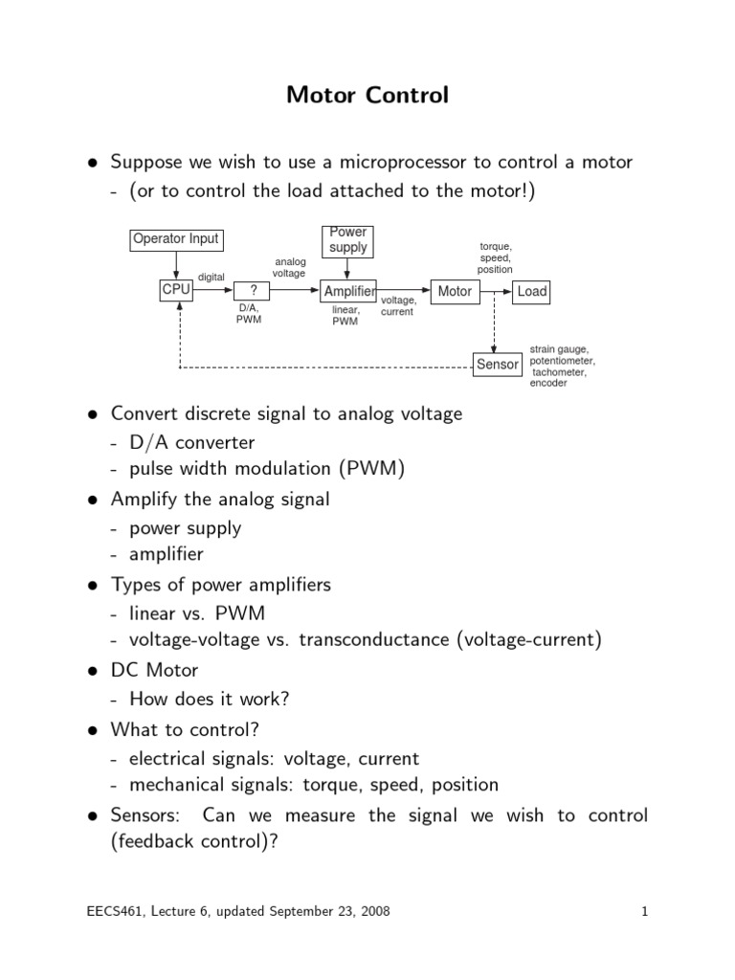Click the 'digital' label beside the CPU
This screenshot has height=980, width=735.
pos(212,277)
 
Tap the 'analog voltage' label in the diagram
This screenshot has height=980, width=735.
pos(289,268)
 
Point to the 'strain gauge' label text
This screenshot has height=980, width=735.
pos(559,349)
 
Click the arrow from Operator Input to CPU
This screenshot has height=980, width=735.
pos(176,265)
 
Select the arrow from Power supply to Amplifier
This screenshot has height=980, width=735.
pos(347,269)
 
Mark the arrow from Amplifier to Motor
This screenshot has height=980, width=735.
pos(404,290)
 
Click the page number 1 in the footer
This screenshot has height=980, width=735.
pos(644,911)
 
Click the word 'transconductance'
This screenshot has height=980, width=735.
pos(374,639)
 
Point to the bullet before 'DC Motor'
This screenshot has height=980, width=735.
pos(93,671)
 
